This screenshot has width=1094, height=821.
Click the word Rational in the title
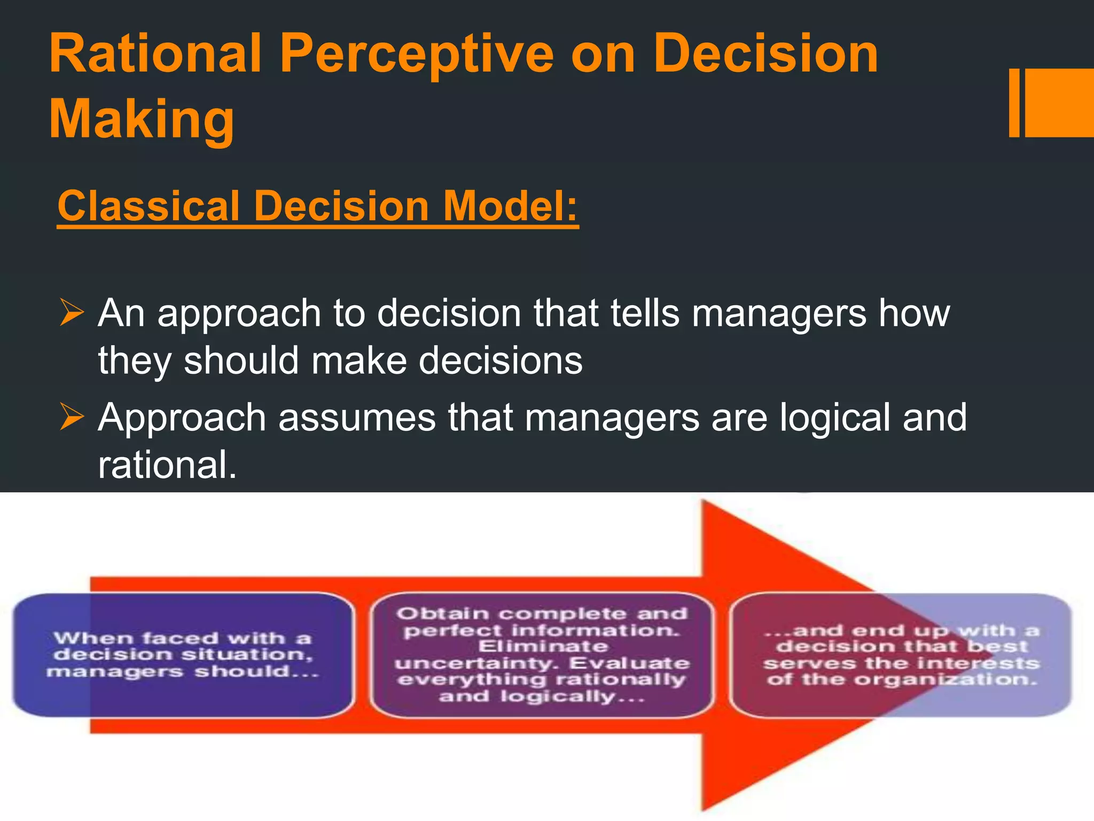155,53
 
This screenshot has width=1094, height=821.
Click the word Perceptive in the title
417,55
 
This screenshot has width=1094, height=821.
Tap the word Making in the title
142,119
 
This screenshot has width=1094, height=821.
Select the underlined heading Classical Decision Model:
318,206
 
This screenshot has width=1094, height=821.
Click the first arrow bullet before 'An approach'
72,313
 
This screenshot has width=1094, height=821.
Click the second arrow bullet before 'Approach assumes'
72,417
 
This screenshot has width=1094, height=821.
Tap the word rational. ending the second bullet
167,465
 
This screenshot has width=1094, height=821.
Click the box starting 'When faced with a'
183,655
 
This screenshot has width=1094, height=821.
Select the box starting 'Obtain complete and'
542,655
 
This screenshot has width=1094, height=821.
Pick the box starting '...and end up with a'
902,655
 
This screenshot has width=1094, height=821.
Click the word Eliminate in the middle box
543,647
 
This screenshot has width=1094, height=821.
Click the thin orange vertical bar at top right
1014,103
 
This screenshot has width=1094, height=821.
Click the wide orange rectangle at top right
1060,103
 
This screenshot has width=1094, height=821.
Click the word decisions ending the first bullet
501,361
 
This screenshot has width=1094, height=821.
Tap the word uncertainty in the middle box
478,664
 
